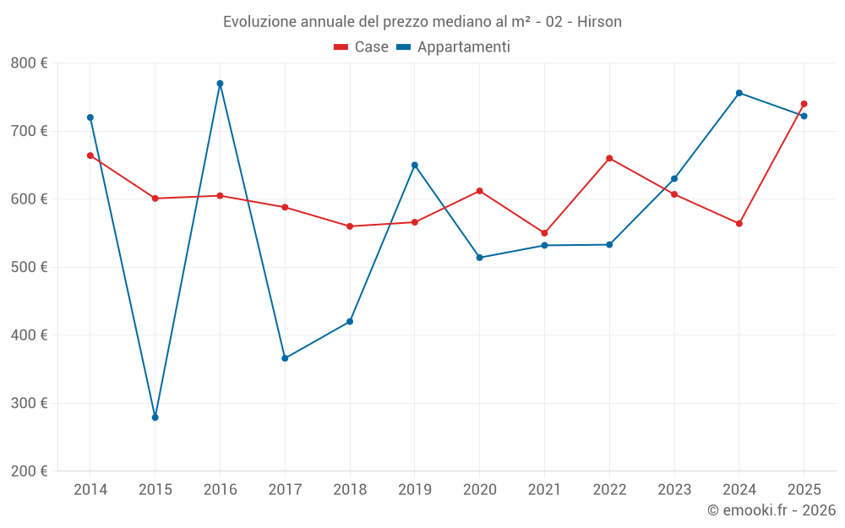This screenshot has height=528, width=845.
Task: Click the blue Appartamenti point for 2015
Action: coord(155,417)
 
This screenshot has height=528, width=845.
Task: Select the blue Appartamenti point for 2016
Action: coord(220,84)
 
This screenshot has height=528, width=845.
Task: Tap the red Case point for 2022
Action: coord(609,158)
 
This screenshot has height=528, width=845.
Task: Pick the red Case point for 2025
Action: coord(804,104)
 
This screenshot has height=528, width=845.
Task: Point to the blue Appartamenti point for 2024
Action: coord(739,93)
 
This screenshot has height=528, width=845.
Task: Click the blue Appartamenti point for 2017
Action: coord(285,358)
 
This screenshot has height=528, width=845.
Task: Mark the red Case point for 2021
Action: coord(544,233)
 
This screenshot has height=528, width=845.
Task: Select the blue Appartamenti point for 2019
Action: coord(415,165)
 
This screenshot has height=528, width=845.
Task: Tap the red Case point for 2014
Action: coord(90,155)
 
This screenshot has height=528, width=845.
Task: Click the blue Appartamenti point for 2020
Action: coord(479,258)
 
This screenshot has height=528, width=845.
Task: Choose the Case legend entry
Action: coord(362,47)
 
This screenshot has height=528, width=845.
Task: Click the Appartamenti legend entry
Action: coord(454,47)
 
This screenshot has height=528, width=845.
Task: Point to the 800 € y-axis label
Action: coord(30,63)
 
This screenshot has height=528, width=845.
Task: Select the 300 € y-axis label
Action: coord(30,403)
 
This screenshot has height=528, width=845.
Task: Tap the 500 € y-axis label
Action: coord(30,267)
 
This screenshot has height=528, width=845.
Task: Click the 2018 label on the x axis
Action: coord(350,490)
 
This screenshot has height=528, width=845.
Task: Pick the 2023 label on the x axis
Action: coord(674,490)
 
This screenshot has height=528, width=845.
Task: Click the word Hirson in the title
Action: coord(599,22)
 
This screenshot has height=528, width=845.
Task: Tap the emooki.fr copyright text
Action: coord(771,510)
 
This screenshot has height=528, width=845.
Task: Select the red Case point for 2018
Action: coord(350,226)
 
